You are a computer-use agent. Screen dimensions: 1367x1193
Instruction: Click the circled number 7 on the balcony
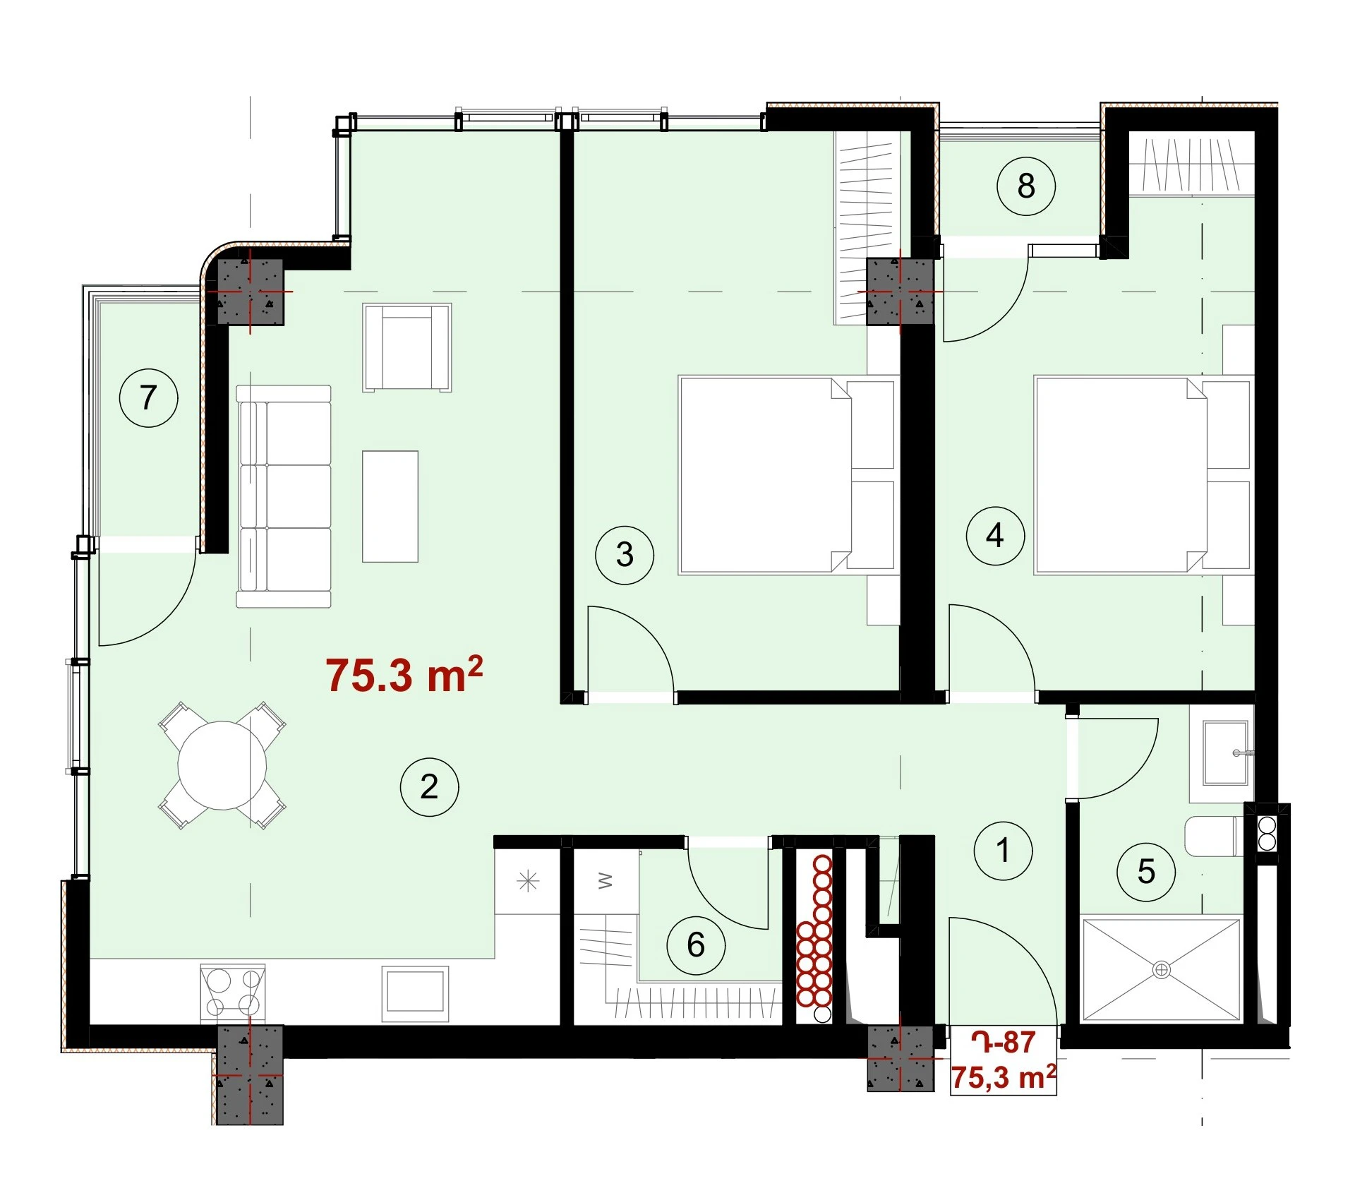pyautogui.click(x=148, y=397)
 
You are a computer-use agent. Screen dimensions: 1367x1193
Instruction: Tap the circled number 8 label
pyautogui.click(x=1025, y=186)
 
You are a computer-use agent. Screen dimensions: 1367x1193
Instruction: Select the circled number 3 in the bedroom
pyautogui.click(x=625, y=555)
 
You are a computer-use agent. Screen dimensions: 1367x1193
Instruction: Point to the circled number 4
pyautogui.click(x=995, y=536)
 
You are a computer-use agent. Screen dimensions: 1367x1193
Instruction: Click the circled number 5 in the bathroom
pyautogui.click(x=1146, y=872)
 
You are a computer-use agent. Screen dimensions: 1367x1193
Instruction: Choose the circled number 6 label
pyautogui.click(x=696, y=945)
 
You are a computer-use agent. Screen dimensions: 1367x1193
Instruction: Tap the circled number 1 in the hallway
pyautogui.click(x=1003, y=851)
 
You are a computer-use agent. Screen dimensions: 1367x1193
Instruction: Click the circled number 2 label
pyautogui.click(x=429, y=787)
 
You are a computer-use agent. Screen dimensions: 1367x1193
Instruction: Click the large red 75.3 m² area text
pyautogui.click(x=404, y=674)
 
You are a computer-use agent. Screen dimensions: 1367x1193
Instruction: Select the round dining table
pyautogui.click(x=222, y=765)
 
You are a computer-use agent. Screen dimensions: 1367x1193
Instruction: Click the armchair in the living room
pyautogui.click(x=407, y=347)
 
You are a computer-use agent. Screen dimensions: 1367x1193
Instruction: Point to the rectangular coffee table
pyautogui.click(x=390, y=507)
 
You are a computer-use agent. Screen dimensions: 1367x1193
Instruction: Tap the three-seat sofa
pyautogui.click(x=284, y=496)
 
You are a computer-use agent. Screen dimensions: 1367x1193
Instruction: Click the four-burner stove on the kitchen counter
pyautogui.click(x=233, y=993)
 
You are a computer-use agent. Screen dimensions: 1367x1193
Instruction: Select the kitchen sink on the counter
pyautogui.click(x=415, y=994)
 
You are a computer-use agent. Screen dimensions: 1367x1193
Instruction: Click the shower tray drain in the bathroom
pyautogui.click(x=1161, y=969)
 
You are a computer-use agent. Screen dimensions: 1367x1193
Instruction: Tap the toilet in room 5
pyautogui.click(x=1215, y=836)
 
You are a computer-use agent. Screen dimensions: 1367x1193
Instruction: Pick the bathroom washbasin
pyautogui.click(x=1225, y=753)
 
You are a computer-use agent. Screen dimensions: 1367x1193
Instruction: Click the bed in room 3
pyautogui.click(x=787, y=475)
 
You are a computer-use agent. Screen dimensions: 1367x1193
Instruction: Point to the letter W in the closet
pyautogui.click(x=605, y=881)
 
